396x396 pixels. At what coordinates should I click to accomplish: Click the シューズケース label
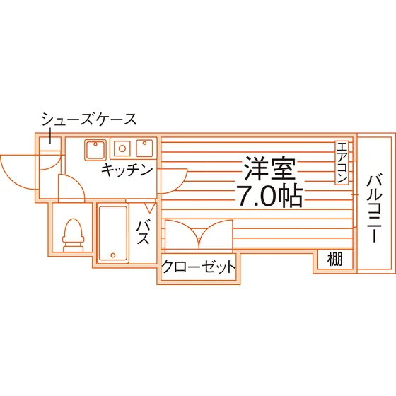point(89,120)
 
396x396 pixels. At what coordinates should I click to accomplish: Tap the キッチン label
point(127,170)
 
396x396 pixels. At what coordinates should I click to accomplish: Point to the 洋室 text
point(269,168)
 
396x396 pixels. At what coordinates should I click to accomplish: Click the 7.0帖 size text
point(269,197)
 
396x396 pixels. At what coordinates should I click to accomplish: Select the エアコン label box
point(342,163)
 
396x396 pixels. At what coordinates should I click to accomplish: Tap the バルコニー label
point(374,207)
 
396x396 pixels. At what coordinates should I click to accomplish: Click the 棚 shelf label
point(335,259)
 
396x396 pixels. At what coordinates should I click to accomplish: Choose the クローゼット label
point(198,267)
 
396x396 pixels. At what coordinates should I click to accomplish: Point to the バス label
point(143,233)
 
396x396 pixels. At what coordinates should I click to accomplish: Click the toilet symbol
point(74,235)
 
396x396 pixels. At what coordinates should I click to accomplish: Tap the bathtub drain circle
point(113,255)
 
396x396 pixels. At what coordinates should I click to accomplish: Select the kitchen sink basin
point(95,150)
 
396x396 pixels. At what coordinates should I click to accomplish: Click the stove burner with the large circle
point(122,148)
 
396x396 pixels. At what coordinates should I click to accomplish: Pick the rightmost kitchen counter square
point(144,148)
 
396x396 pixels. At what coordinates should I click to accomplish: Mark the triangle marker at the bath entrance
point(150,207)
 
